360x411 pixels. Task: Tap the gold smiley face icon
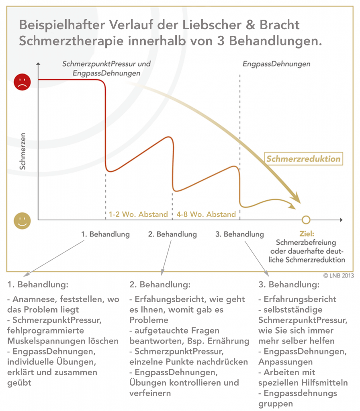click(x=22, y=220)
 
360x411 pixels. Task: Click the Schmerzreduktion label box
click(x=303, y=159)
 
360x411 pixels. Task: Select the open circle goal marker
click(x=306, y=220)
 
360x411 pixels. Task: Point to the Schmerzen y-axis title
click(x=23, y=151)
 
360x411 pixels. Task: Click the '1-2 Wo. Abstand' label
click(x=138, y=214)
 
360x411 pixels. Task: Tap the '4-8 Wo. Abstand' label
click(x=206, y=214)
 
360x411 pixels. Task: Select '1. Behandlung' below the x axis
click(x=106, y=234)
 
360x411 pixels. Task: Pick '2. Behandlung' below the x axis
click(x=173, y=234)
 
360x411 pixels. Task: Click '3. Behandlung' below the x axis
click(x=240, y=234)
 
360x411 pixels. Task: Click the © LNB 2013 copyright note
click(x=337, y=276)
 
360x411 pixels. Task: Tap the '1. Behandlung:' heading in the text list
click(x=38, y=285)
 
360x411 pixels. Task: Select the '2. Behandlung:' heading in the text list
click(x=160, y=285)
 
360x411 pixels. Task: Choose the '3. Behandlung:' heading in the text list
click(x=289, y=285)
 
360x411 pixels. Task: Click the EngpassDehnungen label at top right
click(x=276, y=64)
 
